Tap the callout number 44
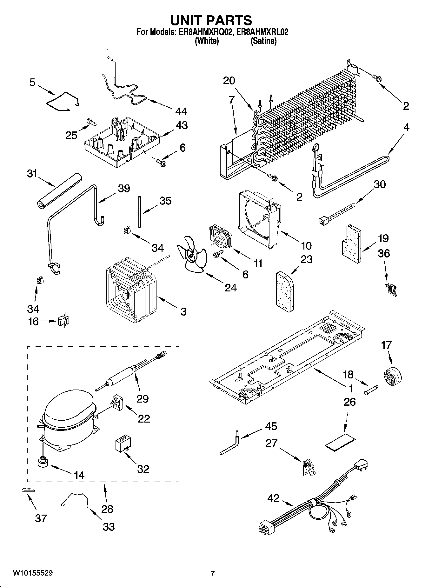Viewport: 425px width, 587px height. click(181, 111)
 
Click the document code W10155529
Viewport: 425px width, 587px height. click(33, 573)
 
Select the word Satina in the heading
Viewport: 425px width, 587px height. click(263, 41)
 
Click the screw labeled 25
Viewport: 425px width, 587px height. click(91, 121)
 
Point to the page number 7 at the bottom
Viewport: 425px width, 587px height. click(212, 573)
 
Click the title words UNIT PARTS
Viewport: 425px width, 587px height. click(211, 20)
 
